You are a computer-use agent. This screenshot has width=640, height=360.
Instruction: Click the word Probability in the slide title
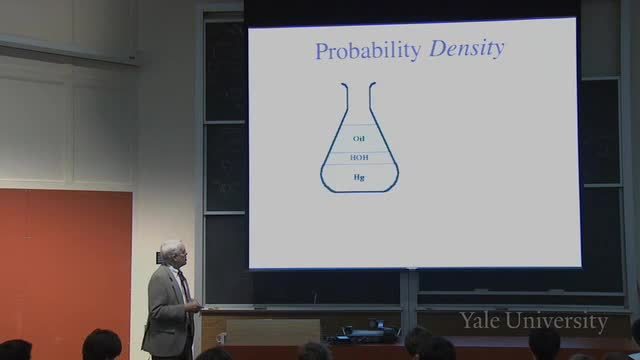pos(368,52)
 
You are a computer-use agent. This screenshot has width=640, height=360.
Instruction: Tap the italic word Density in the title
pos(467,49)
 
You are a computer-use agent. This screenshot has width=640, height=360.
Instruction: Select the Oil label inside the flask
pos(359,139)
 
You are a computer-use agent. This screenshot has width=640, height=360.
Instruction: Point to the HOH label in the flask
pos(359,158)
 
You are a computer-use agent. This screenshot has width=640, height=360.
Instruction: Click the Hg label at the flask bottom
pos(359,177)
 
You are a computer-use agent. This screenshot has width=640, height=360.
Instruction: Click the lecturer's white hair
pos(171,248)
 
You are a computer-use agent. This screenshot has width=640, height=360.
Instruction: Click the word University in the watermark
pos(557,322)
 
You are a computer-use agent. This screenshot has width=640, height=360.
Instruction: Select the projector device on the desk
pos(365,333)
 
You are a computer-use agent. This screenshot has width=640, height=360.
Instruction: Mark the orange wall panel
pos(66,269)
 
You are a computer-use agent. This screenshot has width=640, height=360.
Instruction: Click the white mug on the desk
pos(222,338)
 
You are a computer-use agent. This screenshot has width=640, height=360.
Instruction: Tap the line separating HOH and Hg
pos(359,164)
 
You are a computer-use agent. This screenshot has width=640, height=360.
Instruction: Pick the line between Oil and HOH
pos(359,152)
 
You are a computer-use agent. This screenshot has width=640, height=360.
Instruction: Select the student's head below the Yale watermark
pos(545,345)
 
